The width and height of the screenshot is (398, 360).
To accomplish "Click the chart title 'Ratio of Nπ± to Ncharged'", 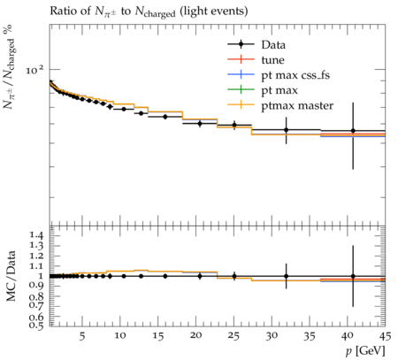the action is pyautogui.click(x=112, y=11).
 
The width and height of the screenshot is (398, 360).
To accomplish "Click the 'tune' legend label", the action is pyautogui.click(x=272, y=60).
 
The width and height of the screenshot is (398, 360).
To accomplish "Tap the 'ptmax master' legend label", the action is pyautogui.click(x=297, y=105).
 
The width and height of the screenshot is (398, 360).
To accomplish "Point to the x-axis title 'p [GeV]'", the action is pyautogui.click(x=365, y=351).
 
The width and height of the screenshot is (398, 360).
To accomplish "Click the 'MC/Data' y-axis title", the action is pyautogui.click(x=11, y=276).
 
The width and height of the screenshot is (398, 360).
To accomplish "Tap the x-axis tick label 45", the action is pyautogui.click(x=385, y=336).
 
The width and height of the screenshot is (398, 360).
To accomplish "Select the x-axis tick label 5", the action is pyautogui.click(x=82, y=336).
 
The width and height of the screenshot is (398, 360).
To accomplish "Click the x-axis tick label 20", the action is pyautogui.click(x=195, y=336).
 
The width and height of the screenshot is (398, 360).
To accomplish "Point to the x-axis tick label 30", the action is pyautogui.click(x=272, y=336).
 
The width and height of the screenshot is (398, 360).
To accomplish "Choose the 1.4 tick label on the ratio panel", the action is pyautogui.click(x=36, y=235).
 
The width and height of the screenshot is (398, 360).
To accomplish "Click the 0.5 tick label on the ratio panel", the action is pyautogui.click(x=36, y=326).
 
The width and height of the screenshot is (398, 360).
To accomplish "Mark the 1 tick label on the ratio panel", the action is pyautogui.click(x=42, y=276).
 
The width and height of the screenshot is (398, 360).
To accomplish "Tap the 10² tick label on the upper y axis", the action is pyautogui.click(x=34, y=70).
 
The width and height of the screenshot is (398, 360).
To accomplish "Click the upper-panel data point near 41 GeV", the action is pyautogui.click(x=353, y=131).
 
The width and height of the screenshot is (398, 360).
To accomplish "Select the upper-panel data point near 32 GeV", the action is pyautogui.click(x=286, y=130).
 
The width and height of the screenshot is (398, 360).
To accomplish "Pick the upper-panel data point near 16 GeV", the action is pyautogui.click(x=165, y=117).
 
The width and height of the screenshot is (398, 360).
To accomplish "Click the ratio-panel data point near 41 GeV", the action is pyautogui.click(x=353, y=276).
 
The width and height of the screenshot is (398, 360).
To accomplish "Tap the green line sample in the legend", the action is pyautogui.click(x=241, y=89).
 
